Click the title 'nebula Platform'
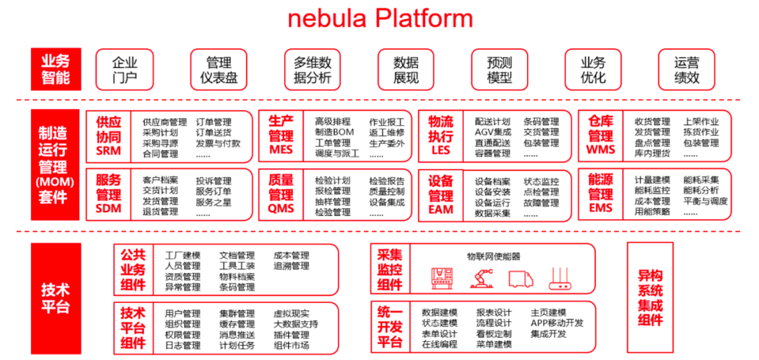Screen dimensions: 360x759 point(380,19)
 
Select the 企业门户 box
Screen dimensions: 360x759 point(124,70)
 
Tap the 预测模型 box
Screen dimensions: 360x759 point(500,70)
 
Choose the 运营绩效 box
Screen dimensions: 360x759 point(687,70)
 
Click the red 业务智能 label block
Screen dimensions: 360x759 point(56,70)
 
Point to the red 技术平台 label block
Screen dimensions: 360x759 point(56,298)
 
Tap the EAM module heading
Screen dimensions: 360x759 point(441,194)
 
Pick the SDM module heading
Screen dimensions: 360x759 point(108,194)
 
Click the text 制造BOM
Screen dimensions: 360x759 point(334,132)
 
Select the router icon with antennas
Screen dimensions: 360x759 point(561,278)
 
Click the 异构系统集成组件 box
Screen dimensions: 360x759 point(649,297)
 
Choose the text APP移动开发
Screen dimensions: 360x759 point(557,323)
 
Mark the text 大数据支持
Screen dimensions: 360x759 point(295,324)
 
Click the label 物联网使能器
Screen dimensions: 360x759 point(493,257)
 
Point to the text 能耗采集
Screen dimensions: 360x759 point(701,180)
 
